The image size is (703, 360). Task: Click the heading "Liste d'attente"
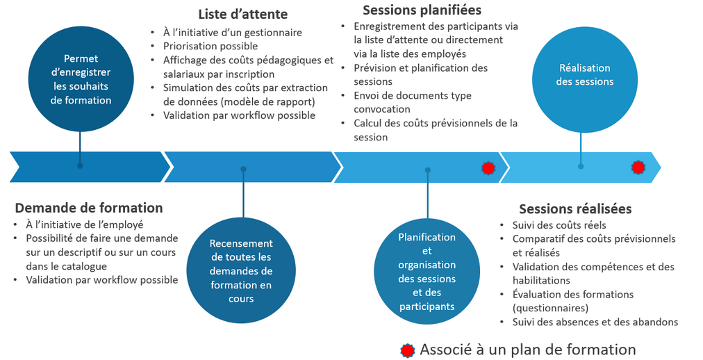point(242,14)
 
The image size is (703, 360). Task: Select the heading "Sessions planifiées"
point(422,10)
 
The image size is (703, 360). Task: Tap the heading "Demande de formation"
point(89,207)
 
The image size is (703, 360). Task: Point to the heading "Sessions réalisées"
point(575,208)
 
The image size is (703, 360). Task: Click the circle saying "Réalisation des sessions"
point(584,75)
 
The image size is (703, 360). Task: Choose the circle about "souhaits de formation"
point(81,79)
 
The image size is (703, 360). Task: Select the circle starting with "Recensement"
point(242,271)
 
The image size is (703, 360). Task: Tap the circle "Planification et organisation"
point(427,271)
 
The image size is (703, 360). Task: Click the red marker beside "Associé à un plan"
point(408,350)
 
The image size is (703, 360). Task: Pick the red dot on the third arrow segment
point(488,167)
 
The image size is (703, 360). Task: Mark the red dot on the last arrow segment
point(638,167)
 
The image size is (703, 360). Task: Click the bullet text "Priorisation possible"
point(210,46)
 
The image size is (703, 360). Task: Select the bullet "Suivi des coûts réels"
point(559,224)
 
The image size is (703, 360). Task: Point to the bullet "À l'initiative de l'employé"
point(84,224)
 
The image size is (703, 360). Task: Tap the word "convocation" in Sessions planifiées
point(381,109)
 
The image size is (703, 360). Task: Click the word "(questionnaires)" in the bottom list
point(550,308)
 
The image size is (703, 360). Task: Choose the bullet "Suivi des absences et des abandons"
point(595,322)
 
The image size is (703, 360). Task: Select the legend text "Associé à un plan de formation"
point(527,350)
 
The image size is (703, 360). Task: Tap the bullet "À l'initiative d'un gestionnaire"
point(232,32)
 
